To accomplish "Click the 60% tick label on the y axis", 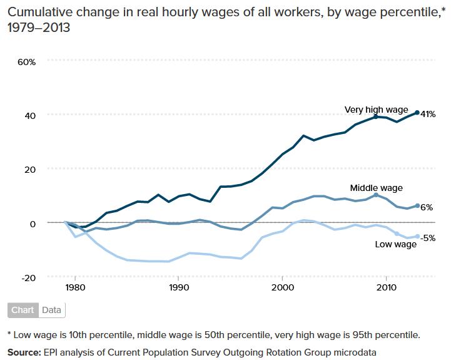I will tap(28, 61).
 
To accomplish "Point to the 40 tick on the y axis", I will tap(31, 115).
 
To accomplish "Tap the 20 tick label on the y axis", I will tap(31, 169).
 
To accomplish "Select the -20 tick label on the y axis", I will tap(29, 277).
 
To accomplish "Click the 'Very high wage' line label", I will tap(376, 110).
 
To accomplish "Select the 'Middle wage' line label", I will tap(376, 187).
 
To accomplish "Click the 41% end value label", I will tap(428, 115).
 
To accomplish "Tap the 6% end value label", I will tap(426, 207).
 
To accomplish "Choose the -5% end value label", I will tap(428, 238).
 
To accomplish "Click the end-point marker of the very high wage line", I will tap(417, 113).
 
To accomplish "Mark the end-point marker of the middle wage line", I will tap(417, 205).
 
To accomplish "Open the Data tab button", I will tap(51, 310).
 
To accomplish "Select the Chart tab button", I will tap(23, 310).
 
